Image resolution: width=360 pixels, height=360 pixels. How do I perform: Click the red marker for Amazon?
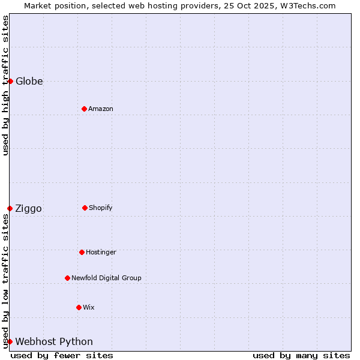point(84,109)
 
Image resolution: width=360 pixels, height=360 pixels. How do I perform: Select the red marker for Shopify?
point(85,208)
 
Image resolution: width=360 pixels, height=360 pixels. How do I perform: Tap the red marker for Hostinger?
point(82,252)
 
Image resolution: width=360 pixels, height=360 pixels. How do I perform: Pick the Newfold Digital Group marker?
point(67,278)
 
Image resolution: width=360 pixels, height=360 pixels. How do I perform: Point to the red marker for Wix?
point(79,307)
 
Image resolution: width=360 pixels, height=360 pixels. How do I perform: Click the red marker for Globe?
point(10,81)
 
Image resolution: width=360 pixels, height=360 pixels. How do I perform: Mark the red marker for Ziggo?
point(10,208)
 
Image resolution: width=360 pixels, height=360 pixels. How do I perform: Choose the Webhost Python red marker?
point(10,341)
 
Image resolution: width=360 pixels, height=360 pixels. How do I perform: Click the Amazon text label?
point(101,109)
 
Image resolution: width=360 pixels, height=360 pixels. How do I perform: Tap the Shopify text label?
point(101,208)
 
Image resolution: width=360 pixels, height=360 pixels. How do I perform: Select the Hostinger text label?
point(101,252)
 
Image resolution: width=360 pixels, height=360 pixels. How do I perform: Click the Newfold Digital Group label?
point(106,278)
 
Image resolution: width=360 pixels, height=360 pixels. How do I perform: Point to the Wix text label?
point(89,307)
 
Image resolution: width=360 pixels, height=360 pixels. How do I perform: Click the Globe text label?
point(29,81)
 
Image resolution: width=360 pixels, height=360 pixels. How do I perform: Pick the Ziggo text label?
point(29,208)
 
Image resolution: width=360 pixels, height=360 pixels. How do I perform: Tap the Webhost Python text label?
point(54,341)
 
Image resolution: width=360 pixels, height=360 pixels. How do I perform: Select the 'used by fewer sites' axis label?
point(62,355)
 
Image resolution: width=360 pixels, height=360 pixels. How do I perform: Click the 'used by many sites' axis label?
point(301,355)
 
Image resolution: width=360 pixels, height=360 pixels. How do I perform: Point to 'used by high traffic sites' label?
point(5,85)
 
